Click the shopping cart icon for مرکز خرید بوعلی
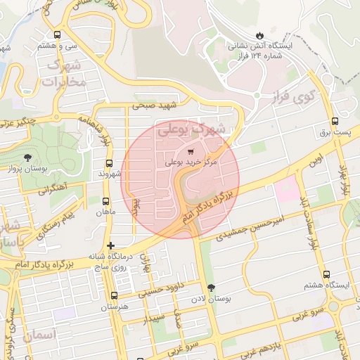coord(191,152)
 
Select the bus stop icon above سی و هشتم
coord(57,34)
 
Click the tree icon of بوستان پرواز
coord(27,157)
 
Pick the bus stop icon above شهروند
coord(109,163)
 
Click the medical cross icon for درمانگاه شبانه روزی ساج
coord(110,245)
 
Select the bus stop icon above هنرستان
coord(114,295)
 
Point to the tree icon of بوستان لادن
coord(212,288)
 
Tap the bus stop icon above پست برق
coord(335,121)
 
